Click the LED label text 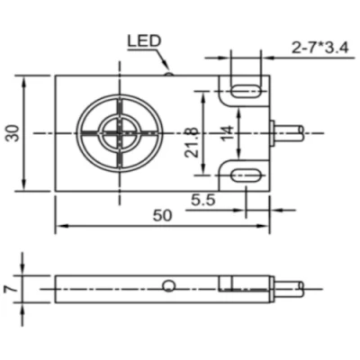coord(144,40)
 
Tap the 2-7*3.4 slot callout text coord(320,48)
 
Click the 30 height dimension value coord(13,132)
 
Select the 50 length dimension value coord(162,215)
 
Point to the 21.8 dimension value coord(192,143)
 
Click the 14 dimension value coord(227,132)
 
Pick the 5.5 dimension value coord(203,200)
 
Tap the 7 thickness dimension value coord(10,289)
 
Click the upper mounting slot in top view coord(247,91)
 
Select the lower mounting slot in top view coord(247,175)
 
